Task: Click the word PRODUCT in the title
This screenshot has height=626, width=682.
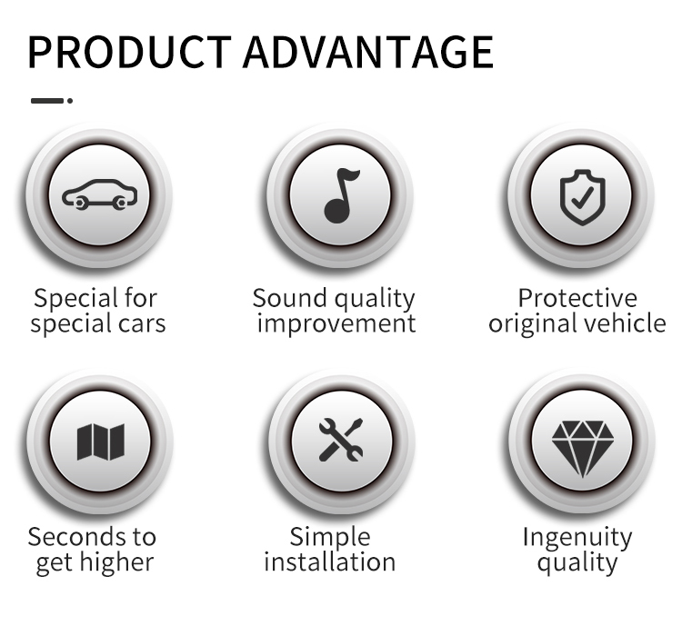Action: [x=129, y=52]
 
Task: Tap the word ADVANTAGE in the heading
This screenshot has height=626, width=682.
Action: [x=368, y=52]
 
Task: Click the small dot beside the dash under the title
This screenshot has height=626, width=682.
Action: [x=70, y=101]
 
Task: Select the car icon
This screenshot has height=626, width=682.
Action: [x=100, y=194]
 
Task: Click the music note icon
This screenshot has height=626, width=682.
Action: [x=341, y=195]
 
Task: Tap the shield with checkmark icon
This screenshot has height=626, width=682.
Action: [x=582, y=197]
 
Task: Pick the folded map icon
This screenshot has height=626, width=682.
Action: [x=100, y=442]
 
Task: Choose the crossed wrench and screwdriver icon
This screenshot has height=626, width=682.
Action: [x=341, y=440]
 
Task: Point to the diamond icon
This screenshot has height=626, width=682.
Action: [x=582, y=448]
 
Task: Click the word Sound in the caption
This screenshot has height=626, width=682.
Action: [x=289, y=298]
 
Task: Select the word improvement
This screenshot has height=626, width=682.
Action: [x=336, y=323]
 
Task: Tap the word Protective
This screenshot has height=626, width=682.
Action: [x=577, y=298]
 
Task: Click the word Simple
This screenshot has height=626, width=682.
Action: [x=330, y=538]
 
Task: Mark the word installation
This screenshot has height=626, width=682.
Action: [x=330, y=561]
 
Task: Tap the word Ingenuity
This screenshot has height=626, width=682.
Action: [x=577, y=538]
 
